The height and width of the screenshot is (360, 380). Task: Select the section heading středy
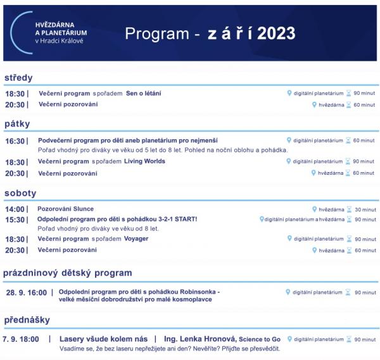[18, 78]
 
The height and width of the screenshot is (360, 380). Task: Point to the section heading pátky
[17, 123]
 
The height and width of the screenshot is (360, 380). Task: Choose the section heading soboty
[20, 193]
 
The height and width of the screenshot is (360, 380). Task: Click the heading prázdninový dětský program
[67, 273]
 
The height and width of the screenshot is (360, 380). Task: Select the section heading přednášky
[27, 320]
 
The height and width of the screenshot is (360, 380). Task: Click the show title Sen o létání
[143, 94]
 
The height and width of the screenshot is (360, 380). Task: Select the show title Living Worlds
[146, 161]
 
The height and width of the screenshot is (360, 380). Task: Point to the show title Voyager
[137, 239]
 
